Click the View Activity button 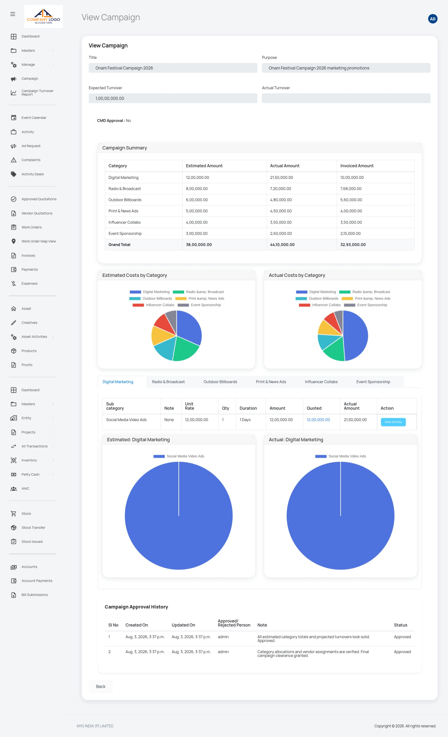click(x=393, y=422)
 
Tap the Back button click(x=101, y=686)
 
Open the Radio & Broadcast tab click(x=168, y=382)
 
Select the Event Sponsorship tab click(x=373, y=382)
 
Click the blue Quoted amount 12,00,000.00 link click(x=318, y=420)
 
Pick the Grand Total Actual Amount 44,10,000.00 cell click(x=282, y=245)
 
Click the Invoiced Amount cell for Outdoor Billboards click(x=351, y=200)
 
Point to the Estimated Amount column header click(x=204, y=166)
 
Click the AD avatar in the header click(x=432, y=19)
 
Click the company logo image click(x=43, y=17)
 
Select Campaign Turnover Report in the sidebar click(x=37, y=92)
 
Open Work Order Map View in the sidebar click(x=39, y=241)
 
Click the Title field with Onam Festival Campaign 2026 click(x=173, y=68)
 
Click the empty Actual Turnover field click(x=346, y=98)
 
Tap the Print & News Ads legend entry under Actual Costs click(x=366, y=298)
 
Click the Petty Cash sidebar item click(x=30, y=474)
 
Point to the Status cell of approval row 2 click(x=402, y=652)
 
